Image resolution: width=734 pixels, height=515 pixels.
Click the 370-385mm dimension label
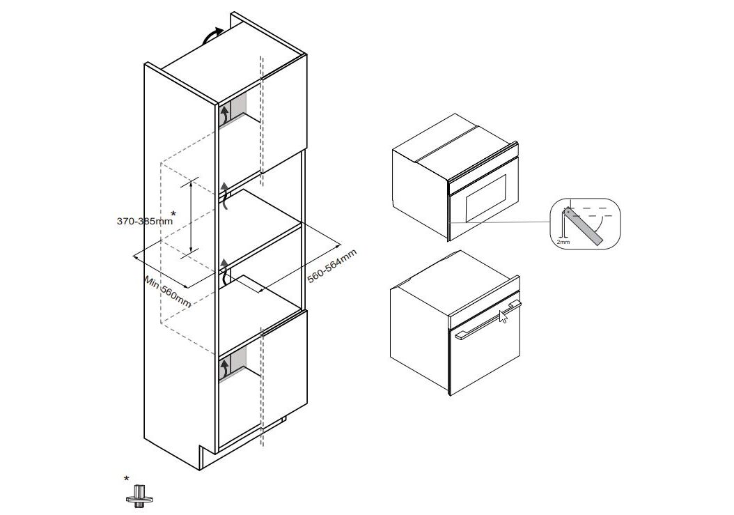coord(145,221)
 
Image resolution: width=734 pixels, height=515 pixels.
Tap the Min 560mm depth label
coord(168,292)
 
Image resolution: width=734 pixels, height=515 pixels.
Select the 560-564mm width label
coord(332,266)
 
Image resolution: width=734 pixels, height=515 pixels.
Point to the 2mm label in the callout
coord(563,243)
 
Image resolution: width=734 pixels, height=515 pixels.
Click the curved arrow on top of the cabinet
coord(212,36)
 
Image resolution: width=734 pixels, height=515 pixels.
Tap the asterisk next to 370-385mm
coord(173,214)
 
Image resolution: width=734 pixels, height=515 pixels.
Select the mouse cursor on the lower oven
coord(503,316)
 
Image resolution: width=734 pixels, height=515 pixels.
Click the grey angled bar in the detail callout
coord(584,226)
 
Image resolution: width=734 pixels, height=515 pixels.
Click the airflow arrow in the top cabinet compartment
coord(225,114)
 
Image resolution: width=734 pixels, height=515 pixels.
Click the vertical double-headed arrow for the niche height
coord(191,217)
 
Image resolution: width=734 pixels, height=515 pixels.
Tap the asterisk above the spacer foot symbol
coord(126,479)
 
